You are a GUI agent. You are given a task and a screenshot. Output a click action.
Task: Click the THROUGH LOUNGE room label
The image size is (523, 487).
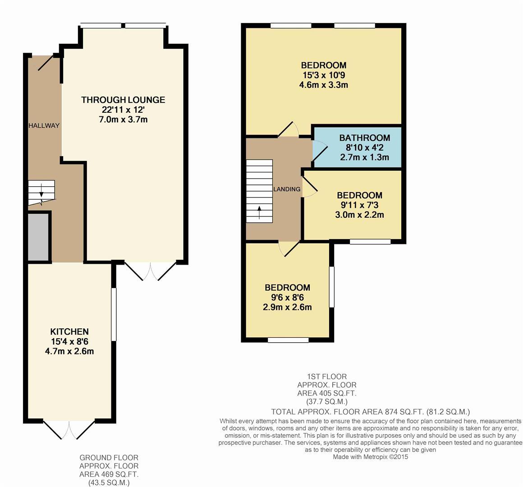point(123,100)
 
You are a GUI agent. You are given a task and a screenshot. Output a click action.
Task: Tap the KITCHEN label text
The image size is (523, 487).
point(69,331)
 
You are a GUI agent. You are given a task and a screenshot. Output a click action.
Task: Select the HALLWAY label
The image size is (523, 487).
point(44,125)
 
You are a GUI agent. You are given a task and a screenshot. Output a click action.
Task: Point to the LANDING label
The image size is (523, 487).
point(287,189)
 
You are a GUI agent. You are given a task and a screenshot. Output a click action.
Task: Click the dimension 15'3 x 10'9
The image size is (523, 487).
point(324,75)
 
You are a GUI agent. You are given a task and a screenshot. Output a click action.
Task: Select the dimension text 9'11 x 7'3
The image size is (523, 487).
point(359,205)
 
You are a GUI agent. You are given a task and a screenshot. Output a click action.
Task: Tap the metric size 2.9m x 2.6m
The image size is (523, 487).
point(287,308)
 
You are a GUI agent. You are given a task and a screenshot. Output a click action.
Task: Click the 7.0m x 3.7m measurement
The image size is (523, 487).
point(123,119)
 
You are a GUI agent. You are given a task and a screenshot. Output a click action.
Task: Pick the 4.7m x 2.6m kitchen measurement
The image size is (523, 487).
point(69,351)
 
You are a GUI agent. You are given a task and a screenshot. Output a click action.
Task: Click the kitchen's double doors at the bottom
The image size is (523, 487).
point(69,429)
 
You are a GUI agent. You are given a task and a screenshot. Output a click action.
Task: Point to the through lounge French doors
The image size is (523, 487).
point(150,271)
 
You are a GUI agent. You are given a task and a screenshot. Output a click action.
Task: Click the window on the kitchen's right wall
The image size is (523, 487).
point(114,314)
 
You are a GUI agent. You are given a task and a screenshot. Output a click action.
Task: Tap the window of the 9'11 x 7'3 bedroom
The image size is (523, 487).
point(370,242)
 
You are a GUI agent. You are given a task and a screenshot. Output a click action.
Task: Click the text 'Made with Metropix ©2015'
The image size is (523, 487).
point(370,457)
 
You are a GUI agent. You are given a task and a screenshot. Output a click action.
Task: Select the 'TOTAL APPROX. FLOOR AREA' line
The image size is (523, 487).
point(370,412)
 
